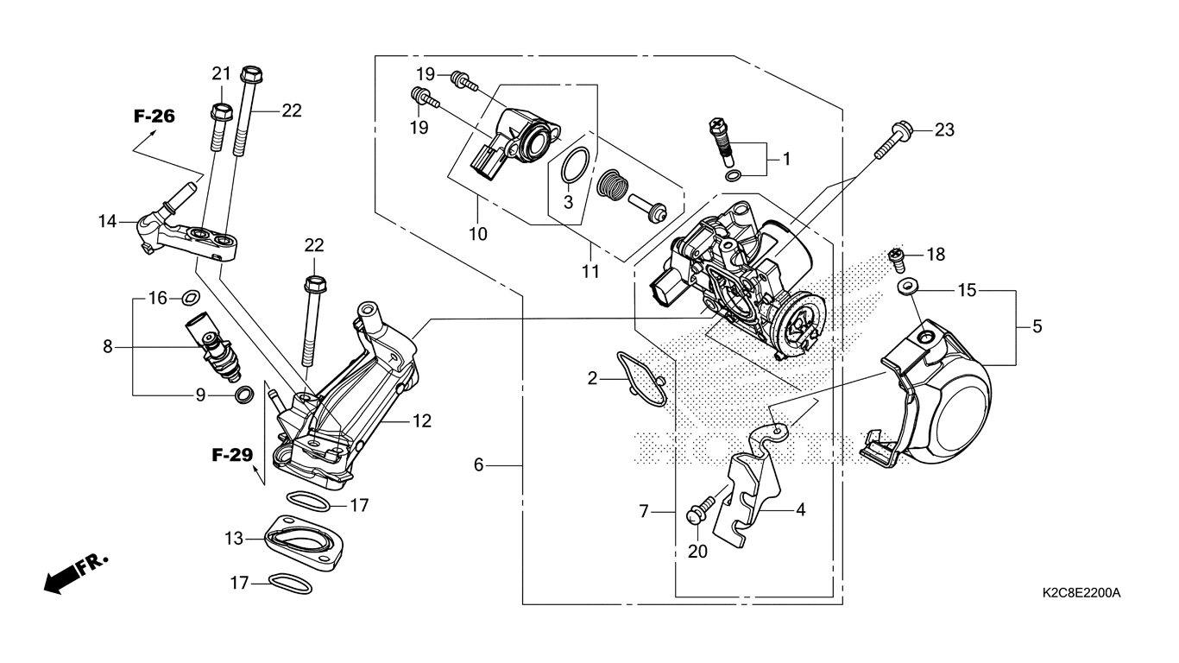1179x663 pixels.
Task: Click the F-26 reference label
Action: (x=154, y=117)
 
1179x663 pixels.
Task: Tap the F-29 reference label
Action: (x=233, y=455)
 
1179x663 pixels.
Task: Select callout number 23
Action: (x=945, y=130)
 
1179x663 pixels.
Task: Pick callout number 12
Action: (x=421, y=421)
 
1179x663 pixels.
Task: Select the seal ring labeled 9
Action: (x=244, y=395)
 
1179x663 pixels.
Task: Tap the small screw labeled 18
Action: (x=897, y=256)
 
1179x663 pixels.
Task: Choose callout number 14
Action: (x=107, y=222)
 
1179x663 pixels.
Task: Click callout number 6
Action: (x=479, y=466)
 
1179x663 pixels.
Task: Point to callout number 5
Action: (x=1037, y=326)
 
